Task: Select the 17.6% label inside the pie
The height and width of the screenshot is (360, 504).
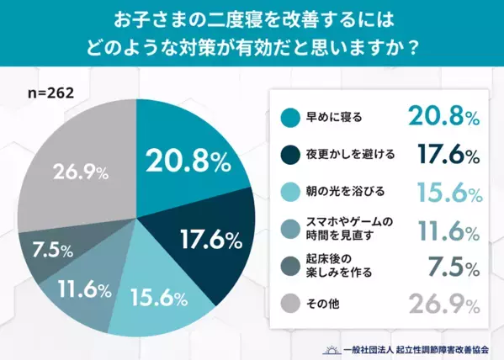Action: [210, 241]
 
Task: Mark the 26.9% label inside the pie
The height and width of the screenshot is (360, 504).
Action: [80, 173]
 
